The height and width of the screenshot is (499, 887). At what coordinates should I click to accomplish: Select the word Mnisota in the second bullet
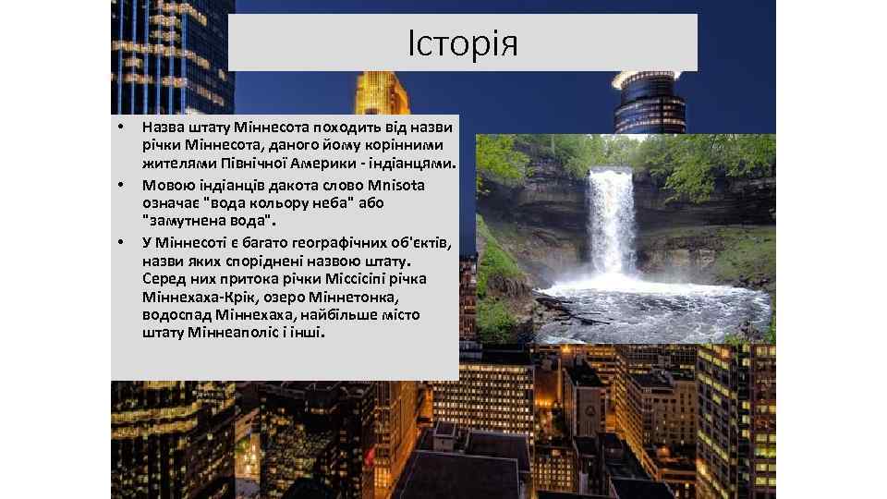[398, 185]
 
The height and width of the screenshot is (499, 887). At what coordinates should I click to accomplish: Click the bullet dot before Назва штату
[119, 127]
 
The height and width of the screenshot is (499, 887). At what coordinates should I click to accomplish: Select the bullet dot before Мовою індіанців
[119, 185]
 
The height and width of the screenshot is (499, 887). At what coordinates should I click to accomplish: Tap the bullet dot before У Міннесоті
[119, 242]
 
